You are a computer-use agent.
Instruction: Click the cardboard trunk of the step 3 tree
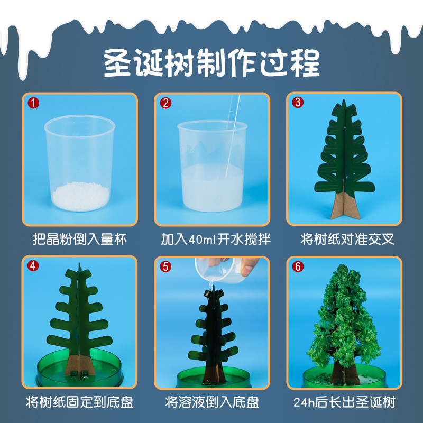(347, 206)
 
